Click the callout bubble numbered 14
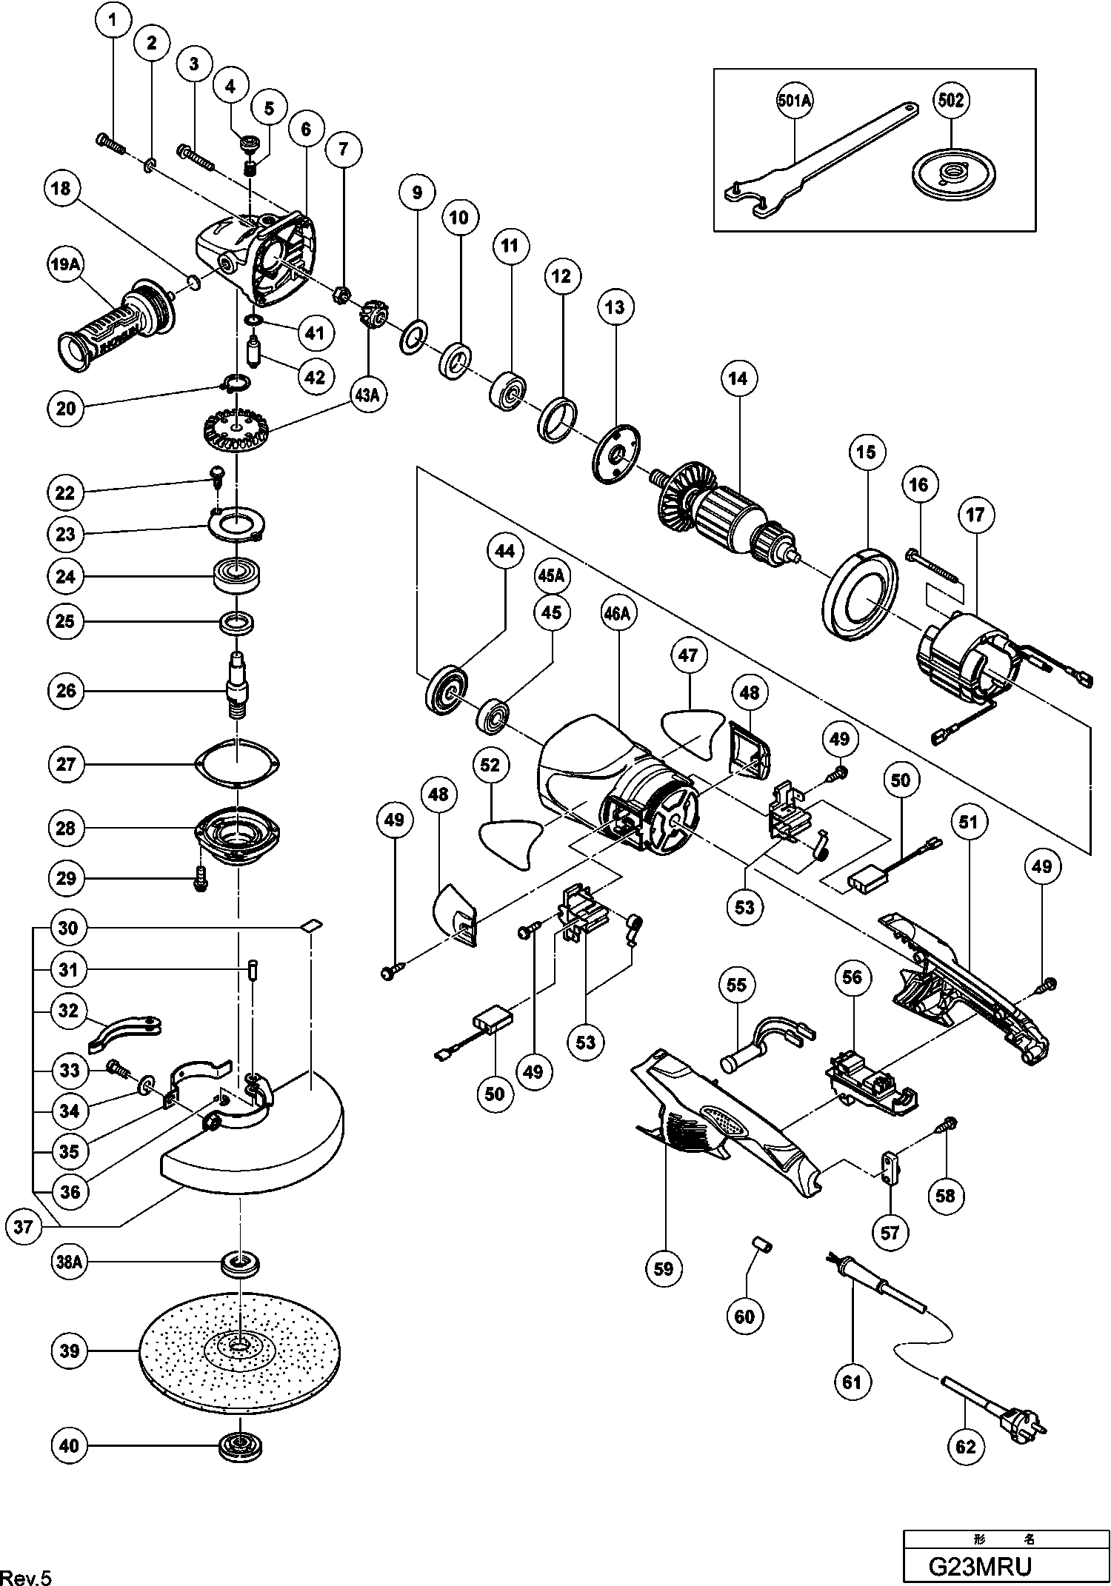(x=738, y=379)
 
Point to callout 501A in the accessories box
(x=795, y=101)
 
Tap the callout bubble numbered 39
(x=70, y=1351)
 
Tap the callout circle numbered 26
(x=66, y=691)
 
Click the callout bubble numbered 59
(x=664, y=1268)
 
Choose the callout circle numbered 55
(x=737, y=985)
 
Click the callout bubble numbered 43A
(x=367, y=395)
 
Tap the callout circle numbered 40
(x=69, y=1446)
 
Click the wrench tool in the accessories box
(x=815, y=164)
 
